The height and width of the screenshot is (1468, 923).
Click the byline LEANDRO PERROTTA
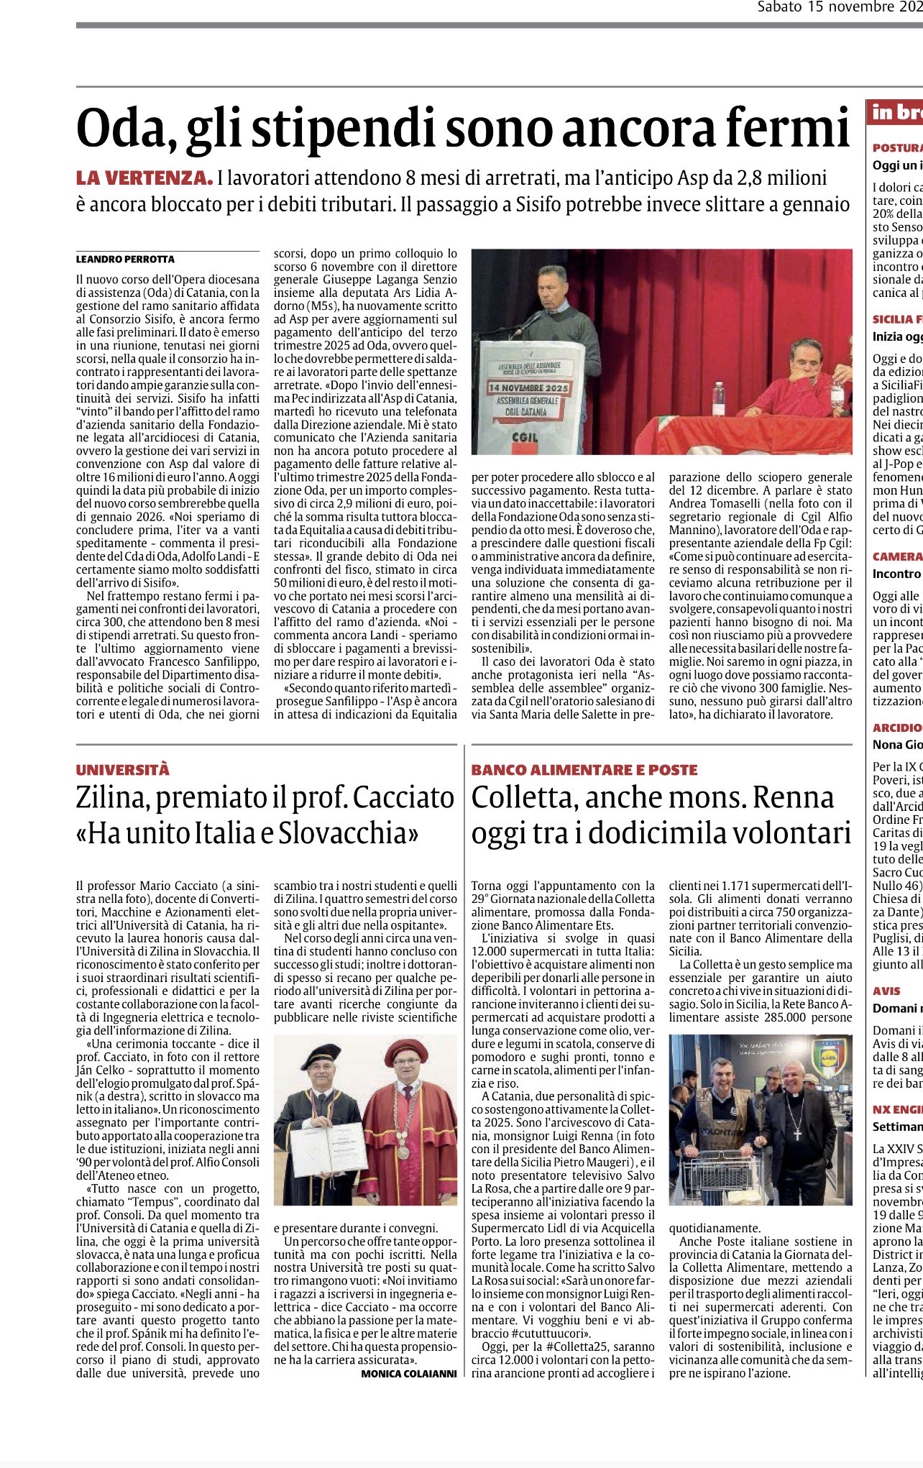126,259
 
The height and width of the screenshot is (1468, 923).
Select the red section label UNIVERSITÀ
123,770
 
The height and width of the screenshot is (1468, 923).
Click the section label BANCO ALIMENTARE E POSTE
584,770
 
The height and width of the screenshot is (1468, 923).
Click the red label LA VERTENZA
144,178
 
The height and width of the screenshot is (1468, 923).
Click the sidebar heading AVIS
886,991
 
